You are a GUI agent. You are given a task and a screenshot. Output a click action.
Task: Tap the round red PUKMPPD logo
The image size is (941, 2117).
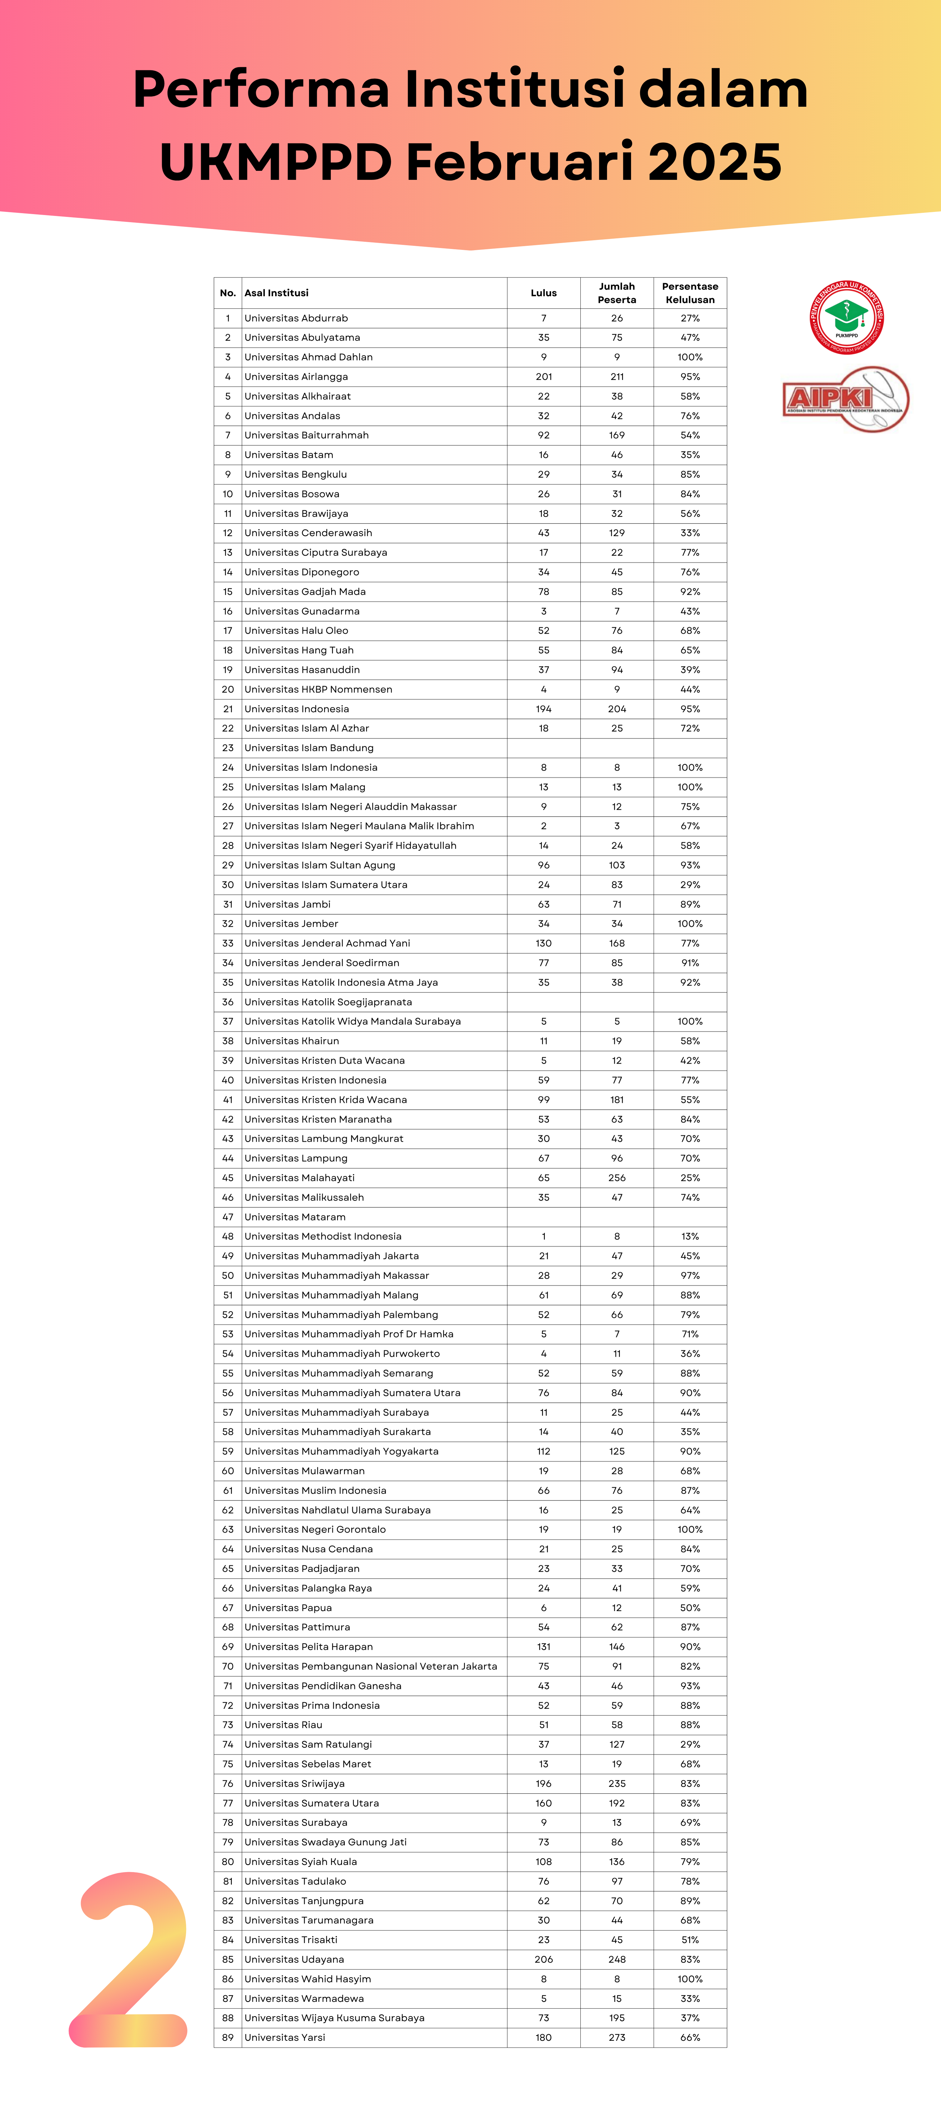click(x=846, y=317)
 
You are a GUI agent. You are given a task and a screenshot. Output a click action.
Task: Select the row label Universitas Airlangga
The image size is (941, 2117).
click(x=296, y=377)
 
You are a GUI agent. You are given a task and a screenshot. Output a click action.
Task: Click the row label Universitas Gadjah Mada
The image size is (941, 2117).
click(x=305, y=592)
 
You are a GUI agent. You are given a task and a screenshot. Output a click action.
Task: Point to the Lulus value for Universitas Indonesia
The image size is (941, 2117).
click(x=543, y=708)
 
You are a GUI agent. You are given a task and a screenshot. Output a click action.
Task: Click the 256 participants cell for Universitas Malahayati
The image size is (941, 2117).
click(x=616, y=1178)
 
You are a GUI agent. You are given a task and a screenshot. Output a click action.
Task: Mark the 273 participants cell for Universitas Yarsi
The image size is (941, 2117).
click(x=616, y=2037)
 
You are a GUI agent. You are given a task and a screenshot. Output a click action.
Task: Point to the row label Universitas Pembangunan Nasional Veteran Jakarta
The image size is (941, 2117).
click(x=371, y=1666)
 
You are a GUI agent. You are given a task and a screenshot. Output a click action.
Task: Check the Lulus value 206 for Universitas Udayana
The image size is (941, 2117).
click(x=543, y=1959)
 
